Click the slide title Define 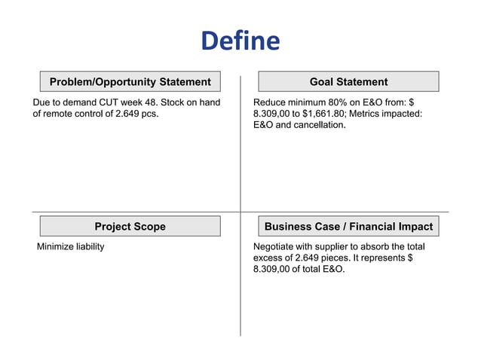(240, 41)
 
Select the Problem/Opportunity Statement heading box (130, 81)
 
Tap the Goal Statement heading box (348, 81)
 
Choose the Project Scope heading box (130, 226)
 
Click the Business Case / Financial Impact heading (348, 226)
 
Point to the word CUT (111, 101)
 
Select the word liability (90, 246)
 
